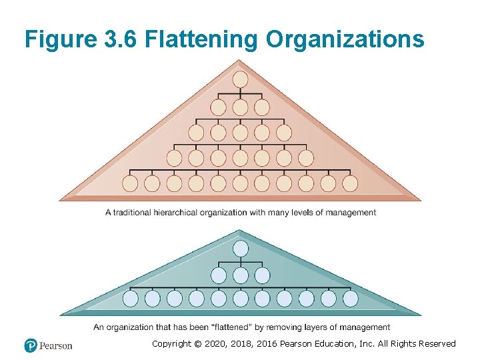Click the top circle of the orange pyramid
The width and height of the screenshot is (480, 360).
click(x=240, y=79)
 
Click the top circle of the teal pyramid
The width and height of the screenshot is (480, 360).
click(x=240, y=249)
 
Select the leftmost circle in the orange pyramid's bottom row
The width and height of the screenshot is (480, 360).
click(x=130, y=183)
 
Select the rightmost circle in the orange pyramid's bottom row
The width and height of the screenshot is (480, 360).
click(x=350, y=183)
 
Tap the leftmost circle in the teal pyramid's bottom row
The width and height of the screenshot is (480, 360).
click(x=130, y=298)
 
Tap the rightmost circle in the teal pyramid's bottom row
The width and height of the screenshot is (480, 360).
click(x=350, y=298)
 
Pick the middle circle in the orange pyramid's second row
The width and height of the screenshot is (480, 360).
click(x=240, y=107)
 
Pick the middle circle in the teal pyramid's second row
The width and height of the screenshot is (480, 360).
click(x=240, y=275)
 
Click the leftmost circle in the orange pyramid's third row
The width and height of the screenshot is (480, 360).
click(x=197, y=133)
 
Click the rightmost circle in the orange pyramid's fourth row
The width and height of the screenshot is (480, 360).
click(x=305, y=158)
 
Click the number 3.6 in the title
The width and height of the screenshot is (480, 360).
click(x=120, y=40)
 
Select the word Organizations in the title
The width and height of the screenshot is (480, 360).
click(x=345, y=40)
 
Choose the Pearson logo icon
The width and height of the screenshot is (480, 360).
click(x=31, y=345)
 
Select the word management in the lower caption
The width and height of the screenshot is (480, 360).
click(x=365, y=327)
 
